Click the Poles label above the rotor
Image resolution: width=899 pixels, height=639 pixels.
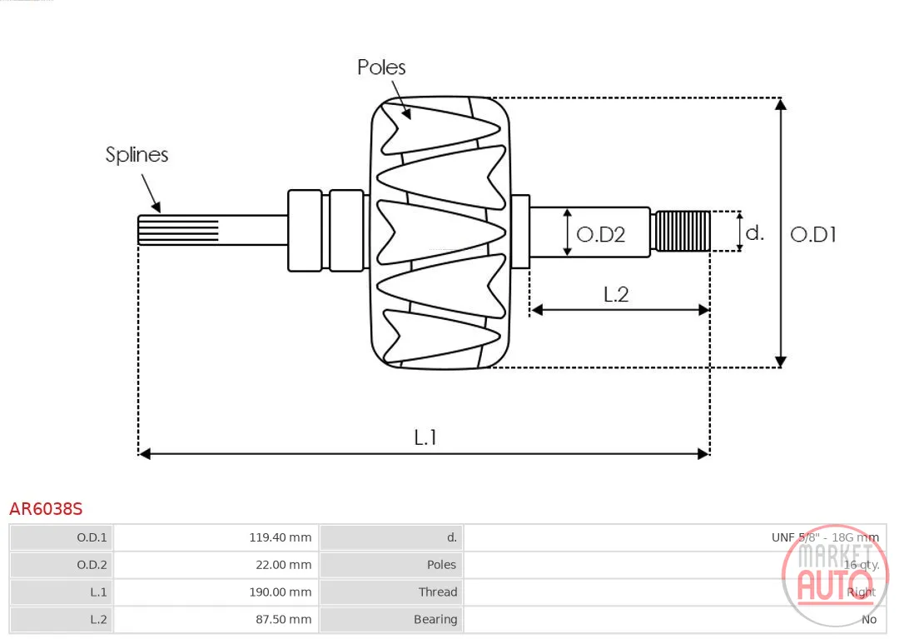pyautogui.click(x=381, y=67)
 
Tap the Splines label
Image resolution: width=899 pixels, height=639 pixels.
pyautogui.click(x=137, y=155)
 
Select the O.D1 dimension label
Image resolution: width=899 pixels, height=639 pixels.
pyautogui.click(x=813, y=234)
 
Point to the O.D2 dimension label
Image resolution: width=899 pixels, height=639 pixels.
pyautogui.click(x=600, y=234)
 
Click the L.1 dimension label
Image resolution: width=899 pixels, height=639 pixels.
pyautogui.click(x=425, y=437)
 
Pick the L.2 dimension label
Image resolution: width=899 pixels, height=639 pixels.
pyautogui.click(x=616, y=294)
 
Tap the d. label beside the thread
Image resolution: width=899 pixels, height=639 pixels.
pyautogui.click(x=754, y=232)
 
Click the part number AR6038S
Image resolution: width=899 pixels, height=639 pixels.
pyautogui.click(x=46, y=509)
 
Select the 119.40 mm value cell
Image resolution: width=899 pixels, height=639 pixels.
pyautogui.click(x=216, y=537)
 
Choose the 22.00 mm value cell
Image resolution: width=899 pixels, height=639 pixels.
pyautogui.click(x=216, y=565)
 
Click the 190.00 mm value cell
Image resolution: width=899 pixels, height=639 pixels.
pyautogui.click(x=216, y=592)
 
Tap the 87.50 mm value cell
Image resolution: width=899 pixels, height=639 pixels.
pyautogui.click(x=216, y=620)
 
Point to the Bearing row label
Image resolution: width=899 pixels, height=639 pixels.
pyautogui.click(x=435, y=620)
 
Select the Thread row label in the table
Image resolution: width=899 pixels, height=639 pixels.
pyautogui.click(x=438, y=592)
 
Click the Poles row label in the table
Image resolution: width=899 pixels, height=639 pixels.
pyautogui.click(x=441, y=565)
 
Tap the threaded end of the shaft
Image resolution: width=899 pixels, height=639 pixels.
pyautogui.click(x=683, y=231)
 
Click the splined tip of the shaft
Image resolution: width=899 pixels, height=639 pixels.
pyautogui.click(x=178, y=230)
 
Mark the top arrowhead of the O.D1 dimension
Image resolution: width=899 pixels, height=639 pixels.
pyautogui.click(x=780, y=104)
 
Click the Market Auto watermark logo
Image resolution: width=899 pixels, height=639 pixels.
pyautogui.click(x=834, y=577)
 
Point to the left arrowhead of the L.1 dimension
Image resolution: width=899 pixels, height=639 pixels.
pyautogui.click(x=145, y=454)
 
